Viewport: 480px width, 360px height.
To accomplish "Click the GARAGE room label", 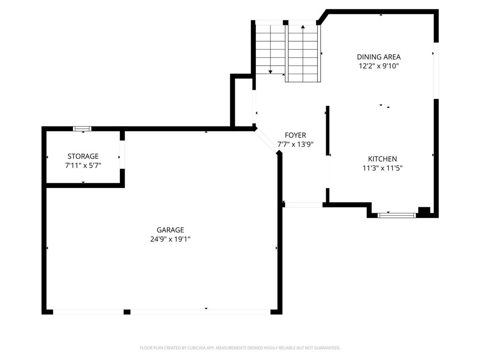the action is (170, 230).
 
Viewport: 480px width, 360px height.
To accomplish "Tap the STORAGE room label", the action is (83, 157).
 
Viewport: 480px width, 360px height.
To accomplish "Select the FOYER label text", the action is (295, 135).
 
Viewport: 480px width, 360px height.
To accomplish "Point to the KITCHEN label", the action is (382, 159).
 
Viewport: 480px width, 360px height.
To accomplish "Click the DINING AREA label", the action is (379, 57).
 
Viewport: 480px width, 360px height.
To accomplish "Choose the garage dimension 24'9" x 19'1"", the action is (170, 239).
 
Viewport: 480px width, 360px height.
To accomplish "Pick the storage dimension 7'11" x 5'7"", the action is (83, 165).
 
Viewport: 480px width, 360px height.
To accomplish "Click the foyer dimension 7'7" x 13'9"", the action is (295, 144).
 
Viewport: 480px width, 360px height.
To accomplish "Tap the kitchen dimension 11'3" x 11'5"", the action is (382, 168).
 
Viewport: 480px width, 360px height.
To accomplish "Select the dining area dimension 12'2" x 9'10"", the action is (379, 66).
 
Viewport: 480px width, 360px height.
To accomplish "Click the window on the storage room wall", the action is (82, 128).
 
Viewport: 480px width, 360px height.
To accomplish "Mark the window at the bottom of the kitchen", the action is (397, 215).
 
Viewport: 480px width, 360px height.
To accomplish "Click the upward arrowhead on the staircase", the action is (303, 27).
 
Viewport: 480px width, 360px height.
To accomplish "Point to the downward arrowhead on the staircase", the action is (270, 72).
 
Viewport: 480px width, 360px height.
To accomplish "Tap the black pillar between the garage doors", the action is (127, 312).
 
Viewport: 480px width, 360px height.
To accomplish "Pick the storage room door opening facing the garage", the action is (122, 155).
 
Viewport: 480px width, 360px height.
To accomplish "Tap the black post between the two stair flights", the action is (285, 22).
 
